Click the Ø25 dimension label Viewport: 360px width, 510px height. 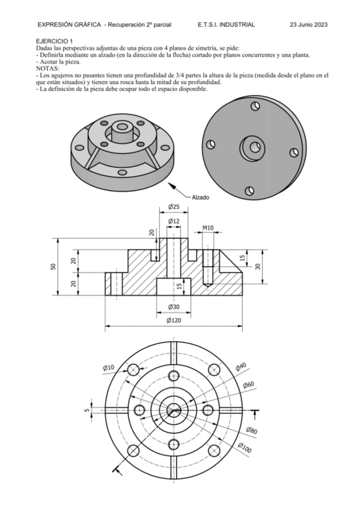(x=174, y=207)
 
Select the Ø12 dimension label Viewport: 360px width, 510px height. (x=174, y=221)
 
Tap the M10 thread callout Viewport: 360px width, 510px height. (x=208, y=228)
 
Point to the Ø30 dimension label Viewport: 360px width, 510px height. (x=174, y=307)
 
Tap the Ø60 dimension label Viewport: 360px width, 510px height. (x=248, y=385)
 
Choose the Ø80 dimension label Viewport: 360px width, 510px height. (x=251, y=430)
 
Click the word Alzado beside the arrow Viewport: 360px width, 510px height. (x=201, y=197)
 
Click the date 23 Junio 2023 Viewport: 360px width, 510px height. (x=308, y=25)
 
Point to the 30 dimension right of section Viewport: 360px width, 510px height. (x=258, y=266)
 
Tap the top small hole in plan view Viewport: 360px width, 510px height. (x=174, y=376)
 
